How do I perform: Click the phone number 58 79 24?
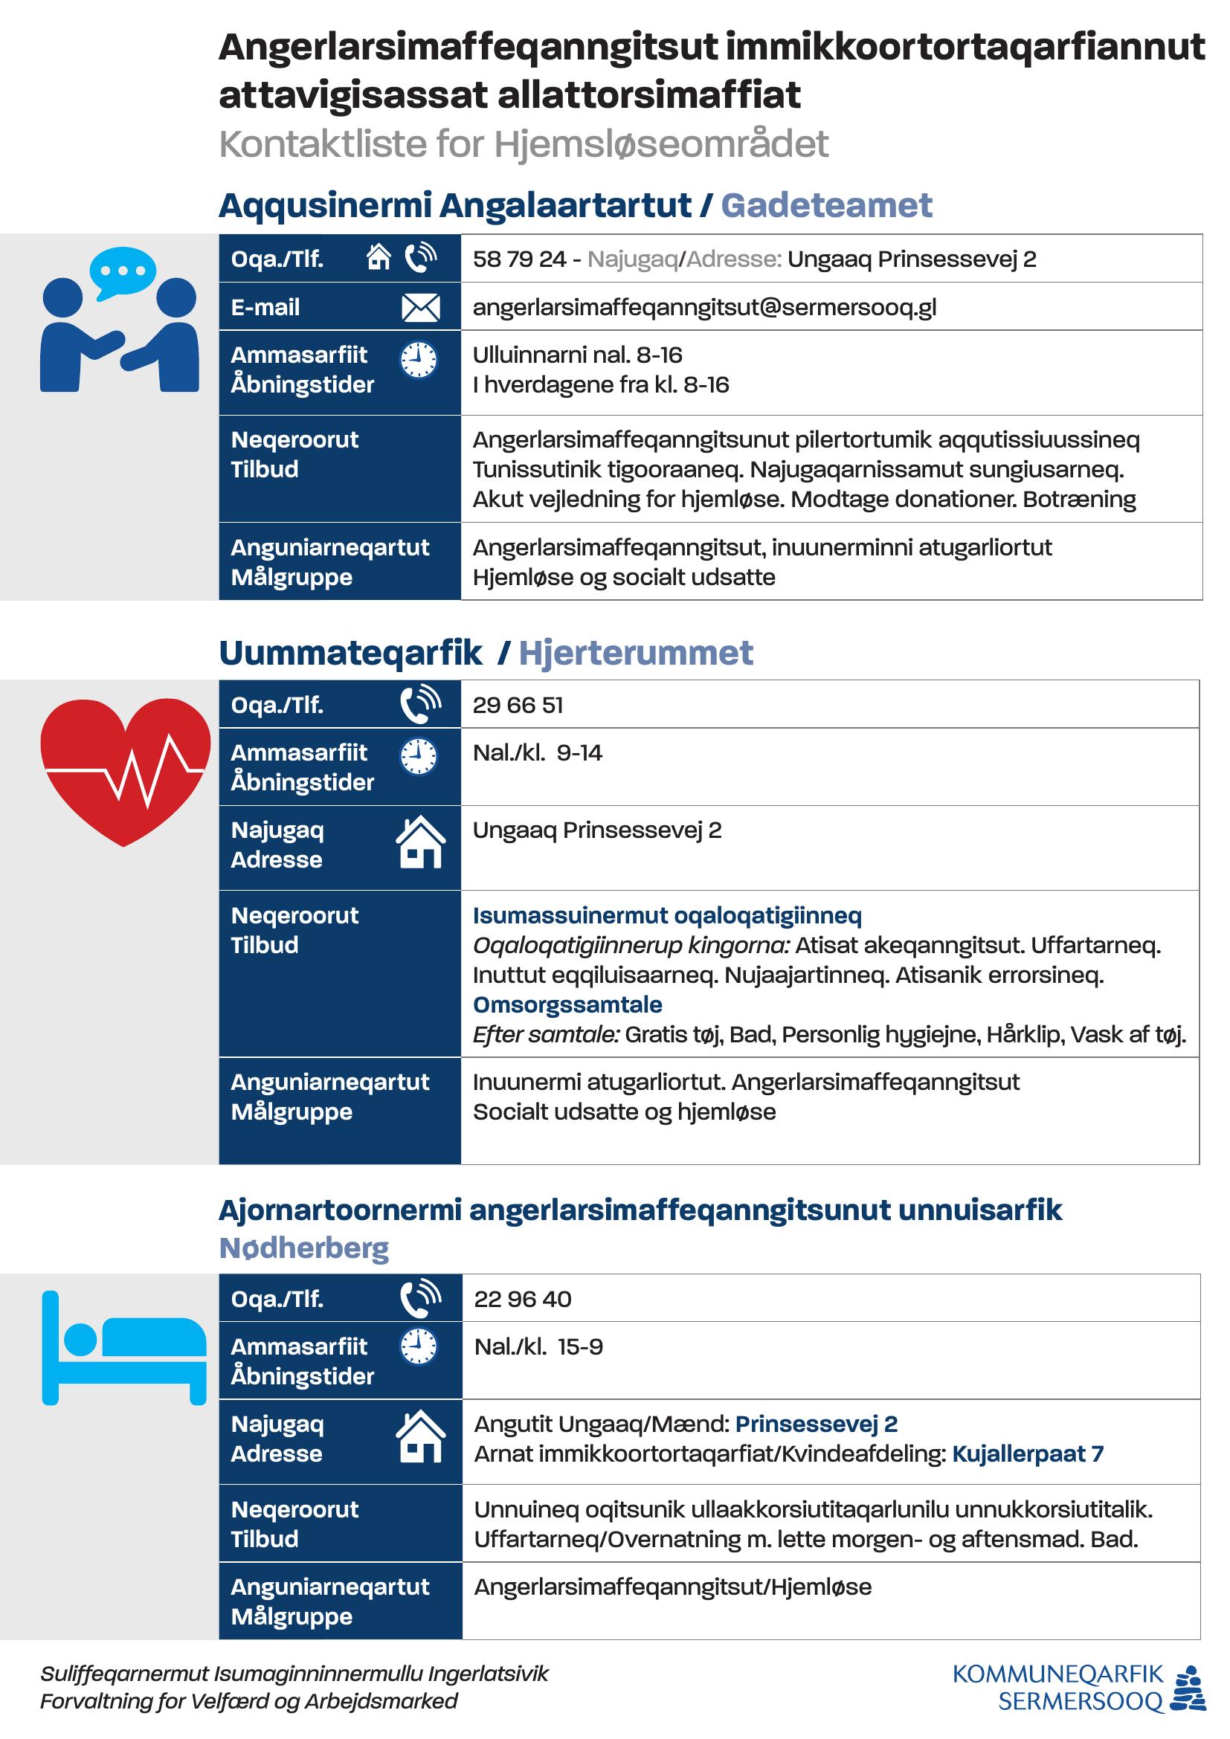(x=519, y=259)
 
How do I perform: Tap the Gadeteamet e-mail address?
(x=704, y=307)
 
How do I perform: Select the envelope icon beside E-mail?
(x=420, y=308)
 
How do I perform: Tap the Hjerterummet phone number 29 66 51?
(x=518, y=705)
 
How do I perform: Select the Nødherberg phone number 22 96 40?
(x=523, y=1299)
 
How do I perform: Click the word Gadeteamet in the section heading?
(x=826, y=205)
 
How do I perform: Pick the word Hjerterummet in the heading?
(x=637, y=653)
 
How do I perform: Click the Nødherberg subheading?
(x=303, y=1248)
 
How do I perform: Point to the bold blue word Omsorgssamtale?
(x=567, y=1004)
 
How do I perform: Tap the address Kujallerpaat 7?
(x=1028, y=1454)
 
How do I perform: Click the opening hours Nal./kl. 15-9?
(x=538, y=1346)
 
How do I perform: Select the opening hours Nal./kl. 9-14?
(x=538, y=753)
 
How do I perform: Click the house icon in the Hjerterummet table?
(x=420, y=842)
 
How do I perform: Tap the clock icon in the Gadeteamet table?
(x=418, y=360)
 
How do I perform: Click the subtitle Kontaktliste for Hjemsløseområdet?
(x=524, y=143)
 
